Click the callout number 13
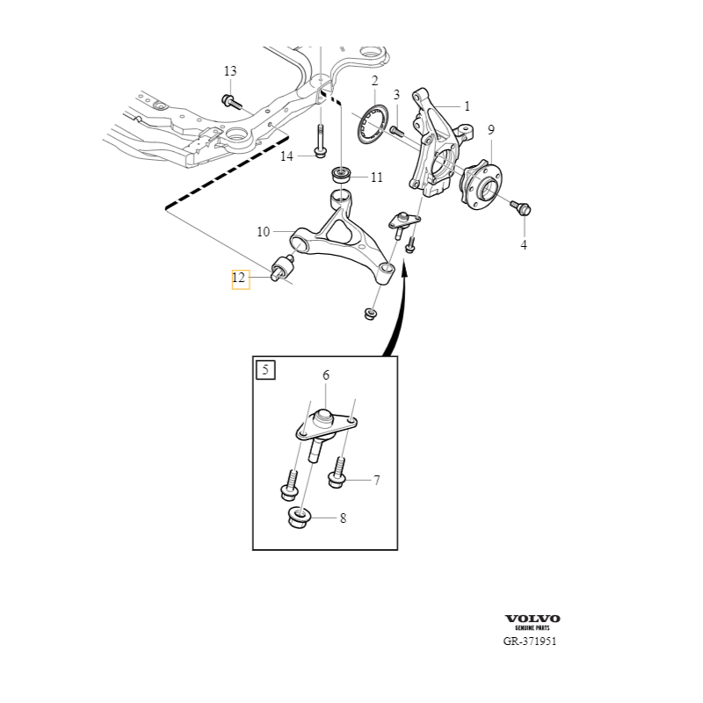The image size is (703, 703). (x=230, y=71)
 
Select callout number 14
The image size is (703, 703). (x=286, y=156)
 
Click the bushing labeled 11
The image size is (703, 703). (x=341, y=171)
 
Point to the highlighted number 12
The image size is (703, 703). (x=240, y=279)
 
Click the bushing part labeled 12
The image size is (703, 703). (x=284, y=265)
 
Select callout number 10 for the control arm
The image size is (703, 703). (x=264, y=232)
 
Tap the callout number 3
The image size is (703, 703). (x=396, y=95)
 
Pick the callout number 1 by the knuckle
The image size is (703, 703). (x=467, y=105)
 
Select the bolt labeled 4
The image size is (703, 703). (x=525, y=208)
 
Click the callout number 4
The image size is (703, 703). (x=524, y=245)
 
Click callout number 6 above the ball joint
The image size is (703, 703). (x=326, y=375)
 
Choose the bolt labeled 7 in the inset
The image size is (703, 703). (x=337, y=479)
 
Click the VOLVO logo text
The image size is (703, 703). (x=532, y=619)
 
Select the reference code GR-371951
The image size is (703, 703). (x=530, y=641)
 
